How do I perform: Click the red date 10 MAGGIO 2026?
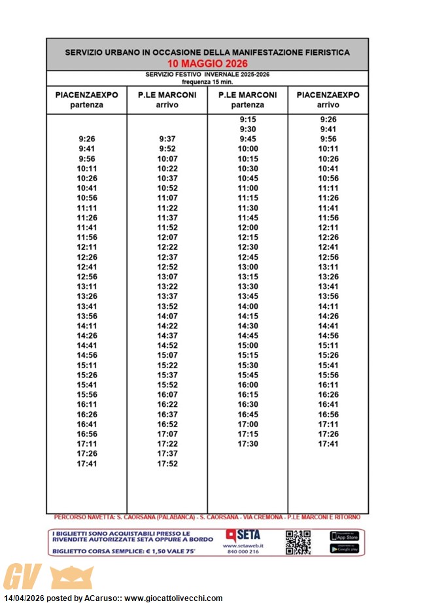(x=207, y=63)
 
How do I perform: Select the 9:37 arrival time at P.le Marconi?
(x=167, y=139)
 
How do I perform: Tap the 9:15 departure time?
(x=248, y=120)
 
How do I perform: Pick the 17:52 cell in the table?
(x=167, y=464)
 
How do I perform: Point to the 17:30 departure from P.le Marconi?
(x=248, y=444)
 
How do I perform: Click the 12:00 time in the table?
(x=248, y=228)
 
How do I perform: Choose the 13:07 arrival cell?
(x=167, y=277)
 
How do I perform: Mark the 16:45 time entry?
(x=248, y=415)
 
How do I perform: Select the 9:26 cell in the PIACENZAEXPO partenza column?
(x=87, y=139)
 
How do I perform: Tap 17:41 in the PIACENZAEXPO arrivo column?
(x=328, y=444)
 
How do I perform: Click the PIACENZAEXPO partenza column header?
(x=87, y=99)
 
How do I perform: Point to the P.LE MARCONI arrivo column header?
(x=167, y=99)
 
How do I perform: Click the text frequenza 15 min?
(x=207, y=82)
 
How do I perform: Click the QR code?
(x=298, y=542)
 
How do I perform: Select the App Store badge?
(x=344, y=536)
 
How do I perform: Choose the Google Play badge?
(x=344, y=549)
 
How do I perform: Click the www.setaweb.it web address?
(x=243, y=545)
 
